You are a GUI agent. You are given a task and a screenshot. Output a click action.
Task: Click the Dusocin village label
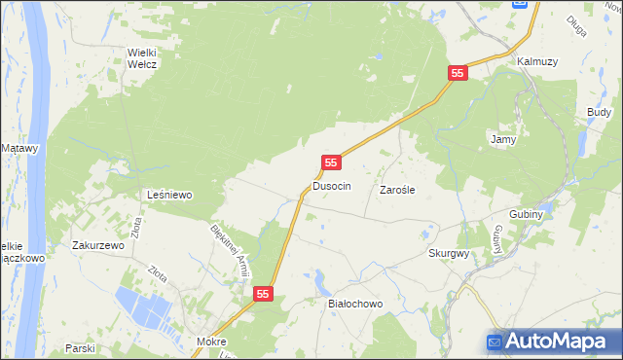[331, 185]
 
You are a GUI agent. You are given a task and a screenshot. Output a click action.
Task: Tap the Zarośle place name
[397, 191]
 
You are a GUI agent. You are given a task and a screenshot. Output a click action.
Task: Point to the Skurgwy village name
[449, 253]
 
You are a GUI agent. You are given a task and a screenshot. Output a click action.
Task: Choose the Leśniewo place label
[169, 195]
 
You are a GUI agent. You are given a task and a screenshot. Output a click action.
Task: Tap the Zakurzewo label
[98, 246]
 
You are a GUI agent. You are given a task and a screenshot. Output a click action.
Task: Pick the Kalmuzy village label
[537, 61]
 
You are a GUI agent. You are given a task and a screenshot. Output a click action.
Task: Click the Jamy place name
[502, 139]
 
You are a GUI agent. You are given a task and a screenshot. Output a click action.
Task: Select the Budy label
[599, 113]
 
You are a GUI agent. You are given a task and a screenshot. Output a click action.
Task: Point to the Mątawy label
[19, 148]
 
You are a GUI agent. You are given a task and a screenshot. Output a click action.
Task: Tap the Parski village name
[80, 347]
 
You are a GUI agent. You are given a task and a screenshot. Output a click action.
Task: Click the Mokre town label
[211, 342]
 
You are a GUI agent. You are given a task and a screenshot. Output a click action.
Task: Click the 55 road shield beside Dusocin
[332, 162]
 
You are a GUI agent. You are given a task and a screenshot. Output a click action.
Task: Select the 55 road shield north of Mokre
[263, 293]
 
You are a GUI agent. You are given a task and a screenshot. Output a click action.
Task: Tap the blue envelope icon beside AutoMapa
[495, 342]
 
